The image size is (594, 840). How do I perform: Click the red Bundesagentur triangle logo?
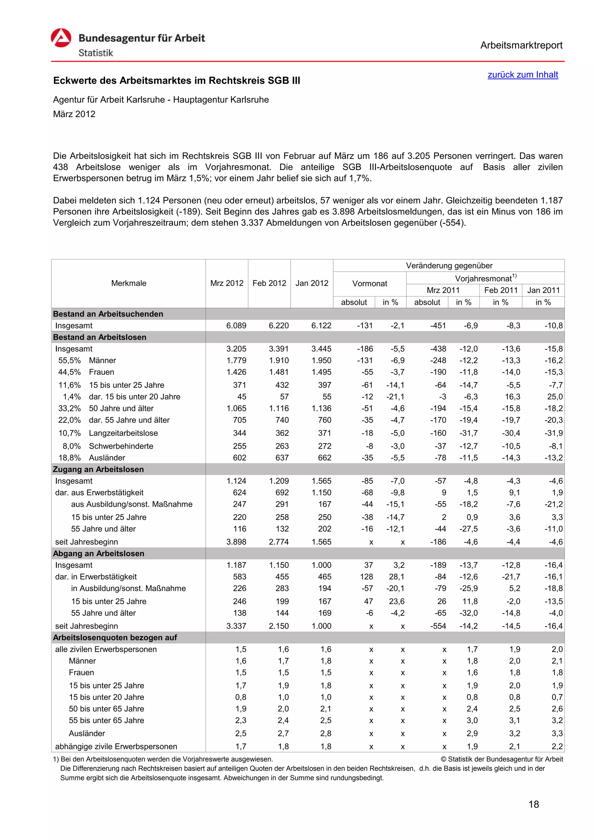click(61, 38)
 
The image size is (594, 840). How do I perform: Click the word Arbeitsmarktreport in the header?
click(521, 46)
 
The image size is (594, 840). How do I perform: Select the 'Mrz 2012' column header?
click(227, 283)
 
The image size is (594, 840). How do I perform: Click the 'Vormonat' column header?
click(369, 283)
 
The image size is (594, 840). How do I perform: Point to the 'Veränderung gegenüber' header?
click(449, 266)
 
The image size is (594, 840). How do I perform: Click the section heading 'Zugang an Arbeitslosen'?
click(98, 469)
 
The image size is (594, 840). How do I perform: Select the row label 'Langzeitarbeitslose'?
click(123, 433)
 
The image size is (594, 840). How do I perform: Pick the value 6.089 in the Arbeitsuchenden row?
click(236, 326)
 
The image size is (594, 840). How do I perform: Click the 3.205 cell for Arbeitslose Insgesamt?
click(236, 349)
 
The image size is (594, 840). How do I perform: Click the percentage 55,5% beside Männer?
click(70, 361)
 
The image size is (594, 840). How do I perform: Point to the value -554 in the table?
click(438, 626)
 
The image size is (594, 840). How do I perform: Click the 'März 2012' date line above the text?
click(74, 114)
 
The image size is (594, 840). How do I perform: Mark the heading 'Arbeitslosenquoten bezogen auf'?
click(115, 638)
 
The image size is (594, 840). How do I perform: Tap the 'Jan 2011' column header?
click(543, 290)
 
